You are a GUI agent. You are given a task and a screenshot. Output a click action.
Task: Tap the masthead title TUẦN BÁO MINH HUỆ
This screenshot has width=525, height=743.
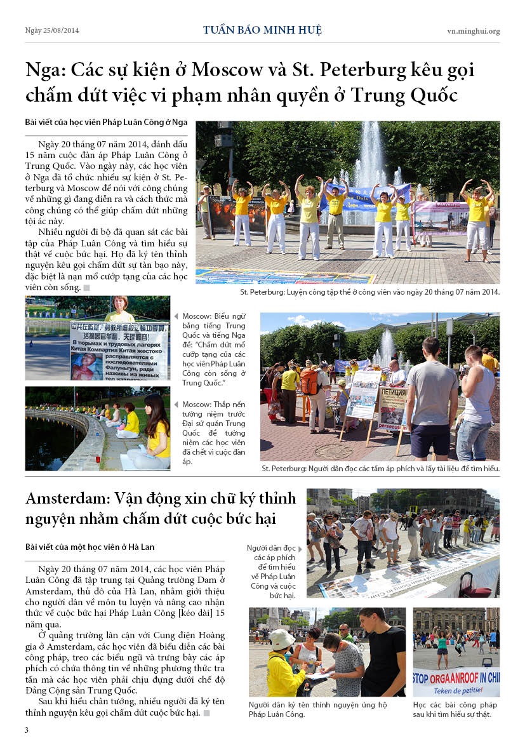click(x=262, y=30)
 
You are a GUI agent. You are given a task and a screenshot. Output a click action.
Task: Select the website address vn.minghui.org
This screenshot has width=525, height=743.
click(x=473, y=30)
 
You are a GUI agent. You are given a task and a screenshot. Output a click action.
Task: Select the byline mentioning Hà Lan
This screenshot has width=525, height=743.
click(x=90, y=546)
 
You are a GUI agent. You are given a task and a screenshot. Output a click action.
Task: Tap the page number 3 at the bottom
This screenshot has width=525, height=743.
click(x=27, y=730)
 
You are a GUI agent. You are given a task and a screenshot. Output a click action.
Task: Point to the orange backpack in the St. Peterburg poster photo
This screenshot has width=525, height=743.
click(x=309, y=382)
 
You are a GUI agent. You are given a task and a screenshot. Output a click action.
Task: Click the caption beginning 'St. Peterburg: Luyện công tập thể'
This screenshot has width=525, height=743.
click(x=370, y=292)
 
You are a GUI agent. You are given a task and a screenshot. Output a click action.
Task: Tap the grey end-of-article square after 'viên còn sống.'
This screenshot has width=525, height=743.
click(x=87, y=288)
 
